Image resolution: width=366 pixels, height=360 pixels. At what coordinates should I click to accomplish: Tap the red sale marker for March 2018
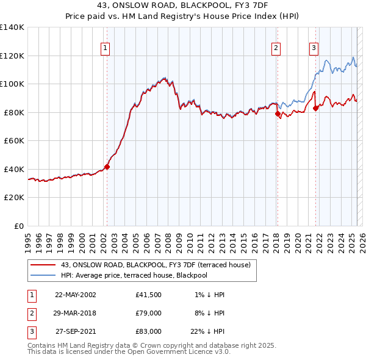point(277,113)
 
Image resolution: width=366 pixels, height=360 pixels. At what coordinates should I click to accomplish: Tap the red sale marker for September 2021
point(315,108)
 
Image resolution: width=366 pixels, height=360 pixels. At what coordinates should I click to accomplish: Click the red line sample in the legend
point(43,265)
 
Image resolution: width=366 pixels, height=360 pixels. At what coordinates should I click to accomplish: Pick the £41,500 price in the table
point(149,294)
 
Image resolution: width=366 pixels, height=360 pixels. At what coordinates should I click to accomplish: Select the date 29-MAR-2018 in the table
point(76,313)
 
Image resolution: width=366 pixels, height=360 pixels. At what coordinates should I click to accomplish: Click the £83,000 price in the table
point(149,331)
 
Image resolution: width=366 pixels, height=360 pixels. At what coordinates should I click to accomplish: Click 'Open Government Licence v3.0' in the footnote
point(179,351)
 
